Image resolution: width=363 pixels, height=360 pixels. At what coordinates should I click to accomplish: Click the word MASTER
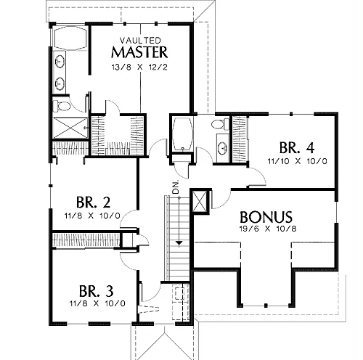coord(139,52)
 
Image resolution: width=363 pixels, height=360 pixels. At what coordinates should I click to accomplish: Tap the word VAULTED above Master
coord(140,40)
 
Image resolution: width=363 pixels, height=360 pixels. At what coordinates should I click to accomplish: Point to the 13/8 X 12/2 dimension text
coord(139,67)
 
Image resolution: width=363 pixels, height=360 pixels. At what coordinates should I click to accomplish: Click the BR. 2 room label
coord(93,202)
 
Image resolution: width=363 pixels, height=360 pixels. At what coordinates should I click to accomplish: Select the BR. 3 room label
coord(96,291)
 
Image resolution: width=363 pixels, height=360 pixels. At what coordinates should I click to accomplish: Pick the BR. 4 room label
coord(297,147)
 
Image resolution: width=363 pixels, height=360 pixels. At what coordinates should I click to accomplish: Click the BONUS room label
coord(266,217)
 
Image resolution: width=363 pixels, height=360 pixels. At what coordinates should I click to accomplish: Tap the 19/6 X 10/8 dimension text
coord(268,229)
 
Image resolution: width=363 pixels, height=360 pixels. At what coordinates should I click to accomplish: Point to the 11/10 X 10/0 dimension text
coord(298,161)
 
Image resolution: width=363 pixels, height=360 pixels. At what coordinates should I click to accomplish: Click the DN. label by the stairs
coord(176,187)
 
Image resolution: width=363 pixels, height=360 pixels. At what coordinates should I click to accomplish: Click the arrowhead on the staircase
coord(179,243)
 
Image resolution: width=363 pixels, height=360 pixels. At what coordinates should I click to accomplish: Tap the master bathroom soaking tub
coord(70,38)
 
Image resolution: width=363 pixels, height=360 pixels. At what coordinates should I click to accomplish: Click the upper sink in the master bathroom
coord(60,61)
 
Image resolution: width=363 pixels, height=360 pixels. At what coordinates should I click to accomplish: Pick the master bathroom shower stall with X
coord(70,128)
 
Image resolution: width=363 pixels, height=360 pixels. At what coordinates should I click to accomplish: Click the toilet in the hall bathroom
coord(220,124)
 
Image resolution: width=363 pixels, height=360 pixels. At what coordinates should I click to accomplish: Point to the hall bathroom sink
coord(222,148)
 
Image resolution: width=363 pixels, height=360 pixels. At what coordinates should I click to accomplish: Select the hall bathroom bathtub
coord(182,134)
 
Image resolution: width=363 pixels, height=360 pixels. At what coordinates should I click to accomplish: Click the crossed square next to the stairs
coord(200,201)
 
